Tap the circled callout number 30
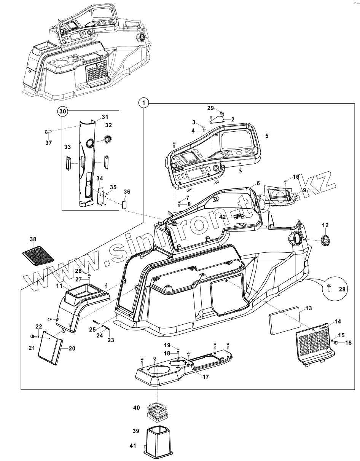click(x=63, y=111)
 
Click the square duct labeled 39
click(x=158, y=441)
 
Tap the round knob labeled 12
click(x=325, y=240)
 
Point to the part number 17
click(x=205, y=377)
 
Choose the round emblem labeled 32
click(x=108, y=139)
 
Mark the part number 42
click(x=223, y=217)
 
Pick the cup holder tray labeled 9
click(x=280, y=195)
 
